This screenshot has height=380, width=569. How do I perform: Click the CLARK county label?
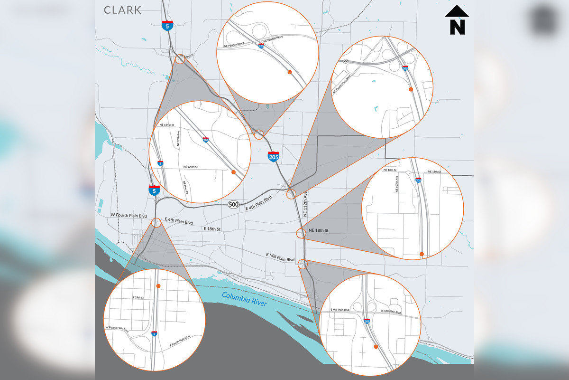coord(122,9)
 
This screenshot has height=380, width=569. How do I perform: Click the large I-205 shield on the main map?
coord(273,156)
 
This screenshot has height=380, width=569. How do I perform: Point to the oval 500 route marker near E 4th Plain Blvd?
coord(233,204)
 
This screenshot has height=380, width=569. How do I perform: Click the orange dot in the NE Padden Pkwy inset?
coord(289,72)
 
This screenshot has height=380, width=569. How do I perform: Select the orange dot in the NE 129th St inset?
coord(233,172)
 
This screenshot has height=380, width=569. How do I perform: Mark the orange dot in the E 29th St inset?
coord(158,286)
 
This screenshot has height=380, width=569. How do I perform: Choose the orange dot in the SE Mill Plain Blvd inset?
coord(376,347)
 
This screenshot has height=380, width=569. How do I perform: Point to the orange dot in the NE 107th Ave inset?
coord(422,255)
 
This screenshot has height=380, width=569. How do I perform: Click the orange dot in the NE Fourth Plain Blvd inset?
coord(411,89)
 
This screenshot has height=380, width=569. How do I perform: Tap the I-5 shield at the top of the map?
coord(167,26)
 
